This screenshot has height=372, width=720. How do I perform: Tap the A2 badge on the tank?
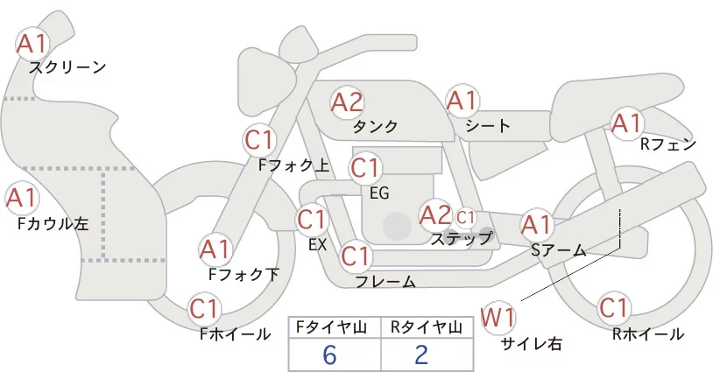click(347, 102)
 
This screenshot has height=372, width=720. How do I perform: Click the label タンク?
click(375, 126)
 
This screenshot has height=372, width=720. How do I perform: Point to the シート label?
click(488, 125)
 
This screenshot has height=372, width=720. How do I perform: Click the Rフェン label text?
click(667, 144)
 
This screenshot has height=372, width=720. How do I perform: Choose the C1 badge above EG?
click(365, 167)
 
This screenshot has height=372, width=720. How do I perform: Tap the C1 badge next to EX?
click(313, 219)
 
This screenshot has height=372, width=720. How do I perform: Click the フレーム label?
click(385, 282)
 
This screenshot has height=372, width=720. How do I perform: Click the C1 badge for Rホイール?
click(613, 309)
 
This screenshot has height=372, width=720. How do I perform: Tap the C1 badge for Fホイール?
click(204, 309)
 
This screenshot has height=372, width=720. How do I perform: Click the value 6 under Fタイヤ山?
click(329, 354)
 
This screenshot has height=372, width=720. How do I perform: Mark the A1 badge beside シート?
click(462, 101)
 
